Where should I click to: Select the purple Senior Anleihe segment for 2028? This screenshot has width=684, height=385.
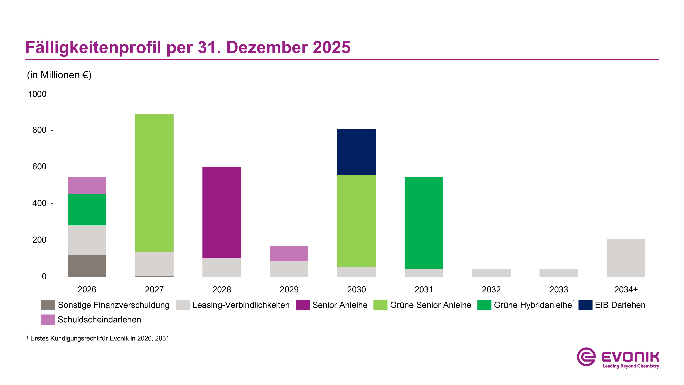coord(221,212)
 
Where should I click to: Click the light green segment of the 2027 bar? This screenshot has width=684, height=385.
coord(154,183)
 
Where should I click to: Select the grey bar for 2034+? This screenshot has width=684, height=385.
coord(626,258)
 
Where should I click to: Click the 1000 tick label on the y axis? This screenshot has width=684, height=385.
coord(37,94)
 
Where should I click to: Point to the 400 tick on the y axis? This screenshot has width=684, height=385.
coord(39,203)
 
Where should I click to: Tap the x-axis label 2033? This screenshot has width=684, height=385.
coord(558,289)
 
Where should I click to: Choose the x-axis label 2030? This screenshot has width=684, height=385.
coord(356,289)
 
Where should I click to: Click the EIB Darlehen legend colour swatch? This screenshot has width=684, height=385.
coord(585,305)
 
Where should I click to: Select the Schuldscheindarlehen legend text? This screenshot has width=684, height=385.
coord(99,319)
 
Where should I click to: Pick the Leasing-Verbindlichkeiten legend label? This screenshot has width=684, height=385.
coord(241,305)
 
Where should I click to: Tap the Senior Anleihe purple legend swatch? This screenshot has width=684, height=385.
coord(302,305)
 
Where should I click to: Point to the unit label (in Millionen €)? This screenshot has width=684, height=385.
coord(59,75)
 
